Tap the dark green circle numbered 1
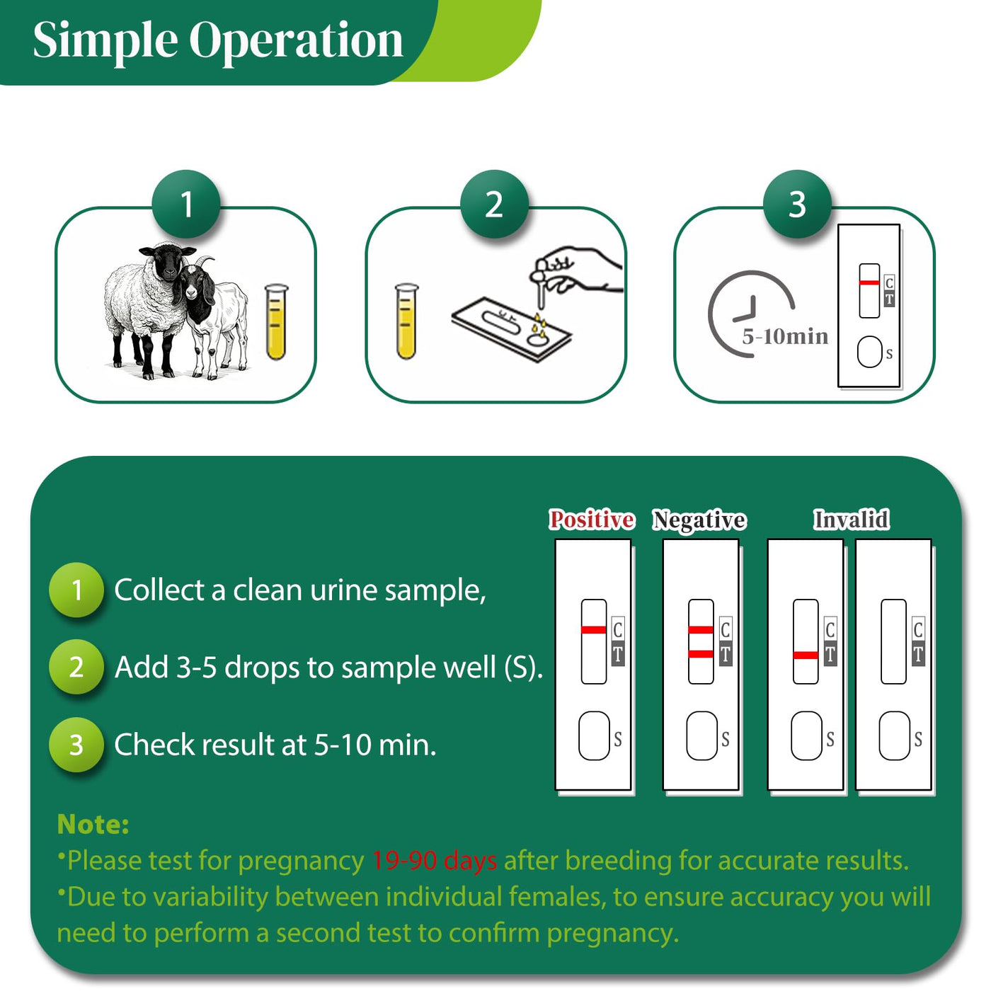click(186, 204)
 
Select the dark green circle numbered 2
click(494, 204)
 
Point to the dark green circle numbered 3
click(797, 204)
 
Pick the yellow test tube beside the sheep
click(276, 322)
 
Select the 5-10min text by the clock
click(785, 336)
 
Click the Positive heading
click(591, 520)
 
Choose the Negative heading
click(699, 520)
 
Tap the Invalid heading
click(851, 520)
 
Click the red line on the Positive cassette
click(593, 629)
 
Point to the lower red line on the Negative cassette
click(701, 653)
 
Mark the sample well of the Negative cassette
click(701, 735)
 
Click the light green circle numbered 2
click(76, 667)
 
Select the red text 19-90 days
click(435, 860)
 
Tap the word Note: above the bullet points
click(93, 824)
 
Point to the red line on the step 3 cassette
click(869, 282)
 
